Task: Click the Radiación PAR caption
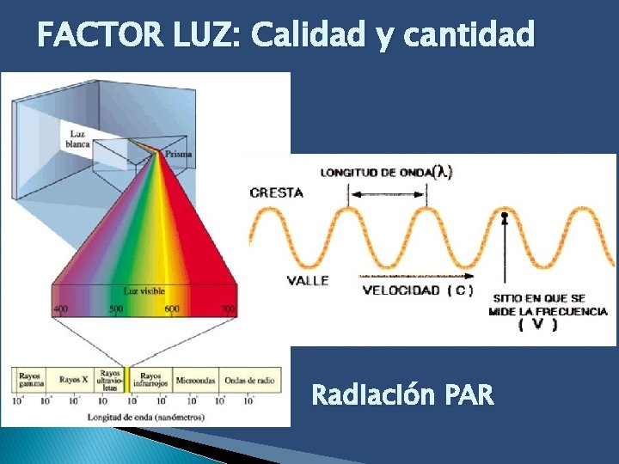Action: click(x=402, y=395)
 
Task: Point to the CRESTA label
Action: click(x=277, y=192)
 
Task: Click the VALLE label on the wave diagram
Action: click(x=308, y=281)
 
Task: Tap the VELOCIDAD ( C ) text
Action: click(x=417, y=290)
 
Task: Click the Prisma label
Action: click(x=178, y=154)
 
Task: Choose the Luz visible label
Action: click(x=144, y=291)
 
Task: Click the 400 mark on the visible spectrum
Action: click(x=61, y=309)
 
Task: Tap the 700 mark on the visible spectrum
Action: click(x=227, y=309)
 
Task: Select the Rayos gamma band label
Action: click(x=28, y=379)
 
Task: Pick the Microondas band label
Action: click(x=196, y=379)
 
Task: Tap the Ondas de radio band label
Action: click(x=249, y=379)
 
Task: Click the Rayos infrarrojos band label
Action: click(x=150, y=379)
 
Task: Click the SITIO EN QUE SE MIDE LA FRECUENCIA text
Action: click(x=548, y=305)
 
